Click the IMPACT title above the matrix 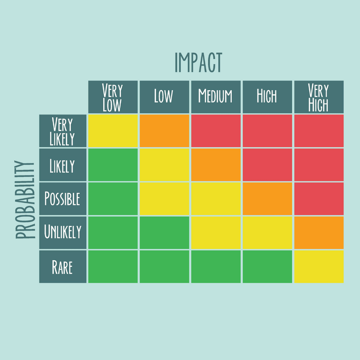(x=199, y=62)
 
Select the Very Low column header (x=113, y=97)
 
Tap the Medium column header (x=216, y=97)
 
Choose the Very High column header (x=319, y=97)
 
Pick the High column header (x=267, y=97)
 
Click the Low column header (x=164, y=97)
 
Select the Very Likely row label (x=63, y=131)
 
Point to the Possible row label (x=63, y=199)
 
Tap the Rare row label (x=63, y=266)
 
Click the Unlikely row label (x=63, y=232)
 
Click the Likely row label (x=63, y=165)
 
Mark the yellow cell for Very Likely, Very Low (x=113, y=131)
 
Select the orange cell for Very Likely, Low (x=164, y=131)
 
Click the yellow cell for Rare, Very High (x=319, y=266)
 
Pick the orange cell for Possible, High (x=267, y=199)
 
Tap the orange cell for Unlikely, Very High (x=319, y=232)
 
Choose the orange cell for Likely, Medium (x=216, y=165)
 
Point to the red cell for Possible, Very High (x=319, y=199)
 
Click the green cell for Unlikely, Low (x=164, y=232)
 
